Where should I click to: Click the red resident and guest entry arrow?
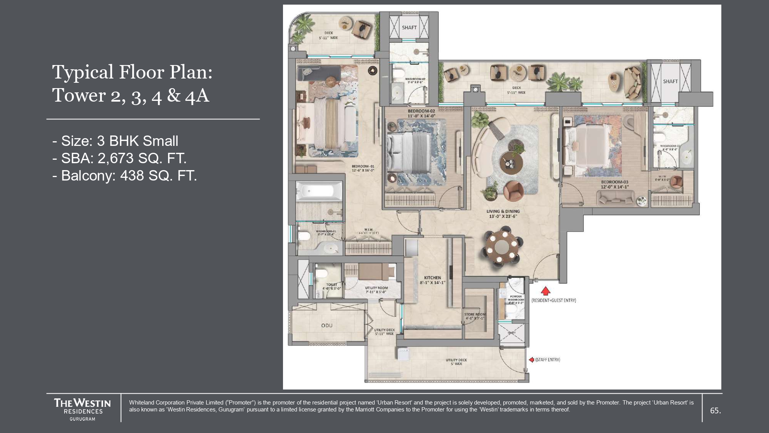click(545, 291)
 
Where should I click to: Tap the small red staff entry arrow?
click(531, 359)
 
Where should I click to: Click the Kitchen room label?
click(433, 278)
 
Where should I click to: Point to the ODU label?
click(327, 326)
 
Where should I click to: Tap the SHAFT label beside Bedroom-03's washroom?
click(670, 81)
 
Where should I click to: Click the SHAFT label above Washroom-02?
click(409, 28)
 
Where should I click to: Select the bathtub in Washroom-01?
click(319, 191)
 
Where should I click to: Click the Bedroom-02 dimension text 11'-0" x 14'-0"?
click(421, 116)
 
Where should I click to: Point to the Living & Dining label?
click(503, 211)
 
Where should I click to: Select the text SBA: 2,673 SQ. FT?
click(119, 158)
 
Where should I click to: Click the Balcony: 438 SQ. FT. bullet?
click(125, 176)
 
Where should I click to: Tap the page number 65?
click(715, 411)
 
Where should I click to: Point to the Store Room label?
click(475, 314)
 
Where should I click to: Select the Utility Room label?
click(376, 288)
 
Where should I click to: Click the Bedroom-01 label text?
click(363, 166)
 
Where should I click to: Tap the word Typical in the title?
click(83, 72)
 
